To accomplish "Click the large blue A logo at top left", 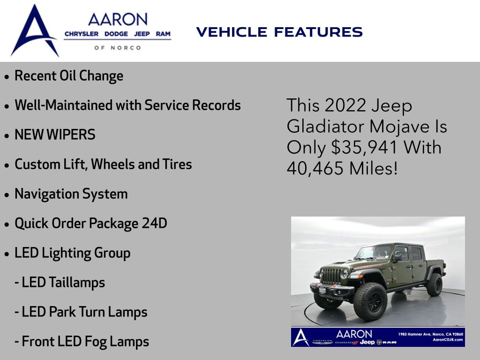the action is (34, 30).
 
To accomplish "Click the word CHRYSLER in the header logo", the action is (82, 34).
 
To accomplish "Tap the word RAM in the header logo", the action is (163, 34).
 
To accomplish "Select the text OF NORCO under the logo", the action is (118, 48).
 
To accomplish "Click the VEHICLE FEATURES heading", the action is (279, 32).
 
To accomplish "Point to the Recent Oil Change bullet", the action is (69, 76).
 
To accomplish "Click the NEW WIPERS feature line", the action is (55, 135).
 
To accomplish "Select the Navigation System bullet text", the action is (71, 194).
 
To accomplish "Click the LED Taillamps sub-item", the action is (60, 282).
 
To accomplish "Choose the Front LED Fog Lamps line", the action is (82, 342).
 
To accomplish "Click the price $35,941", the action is (364, 147).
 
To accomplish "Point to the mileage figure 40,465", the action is (315, 168).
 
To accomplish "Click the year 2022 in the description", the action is (345, 105).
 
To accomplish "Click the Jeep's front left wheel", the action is (370, 301).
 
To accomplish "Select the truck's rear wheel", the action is (434, 285).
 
